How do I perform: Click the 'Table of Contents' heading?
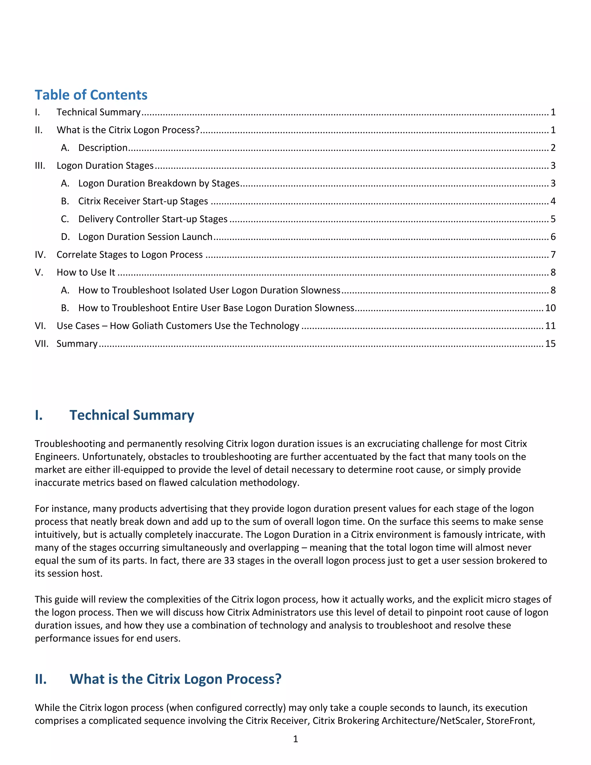(x=91, y=95)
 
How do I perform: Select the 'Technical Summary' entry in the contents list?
(x=98, y=112)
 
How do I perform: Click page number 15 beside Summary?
(x=550, y=344)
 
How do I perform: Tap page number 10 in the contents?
(x=550, y=308)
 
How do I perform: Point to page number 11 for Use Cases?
(x=550, y=326)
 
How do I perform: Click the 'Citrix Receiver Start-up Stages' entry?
(x=143, y=201)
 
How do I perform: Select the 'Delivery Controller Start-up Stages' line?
(x=153, y=219)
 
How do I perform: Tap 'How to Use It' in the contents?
(x=86, y=273)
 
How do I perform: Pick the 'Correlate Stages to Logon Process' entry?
(x=130, y=255)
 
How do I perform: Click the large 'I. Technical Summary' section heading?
(x=132, y=415)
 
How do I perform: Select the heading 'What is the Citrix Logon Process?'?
(x=175, y=679)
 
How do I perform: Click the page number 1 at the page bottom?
(x=295, y=739)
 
